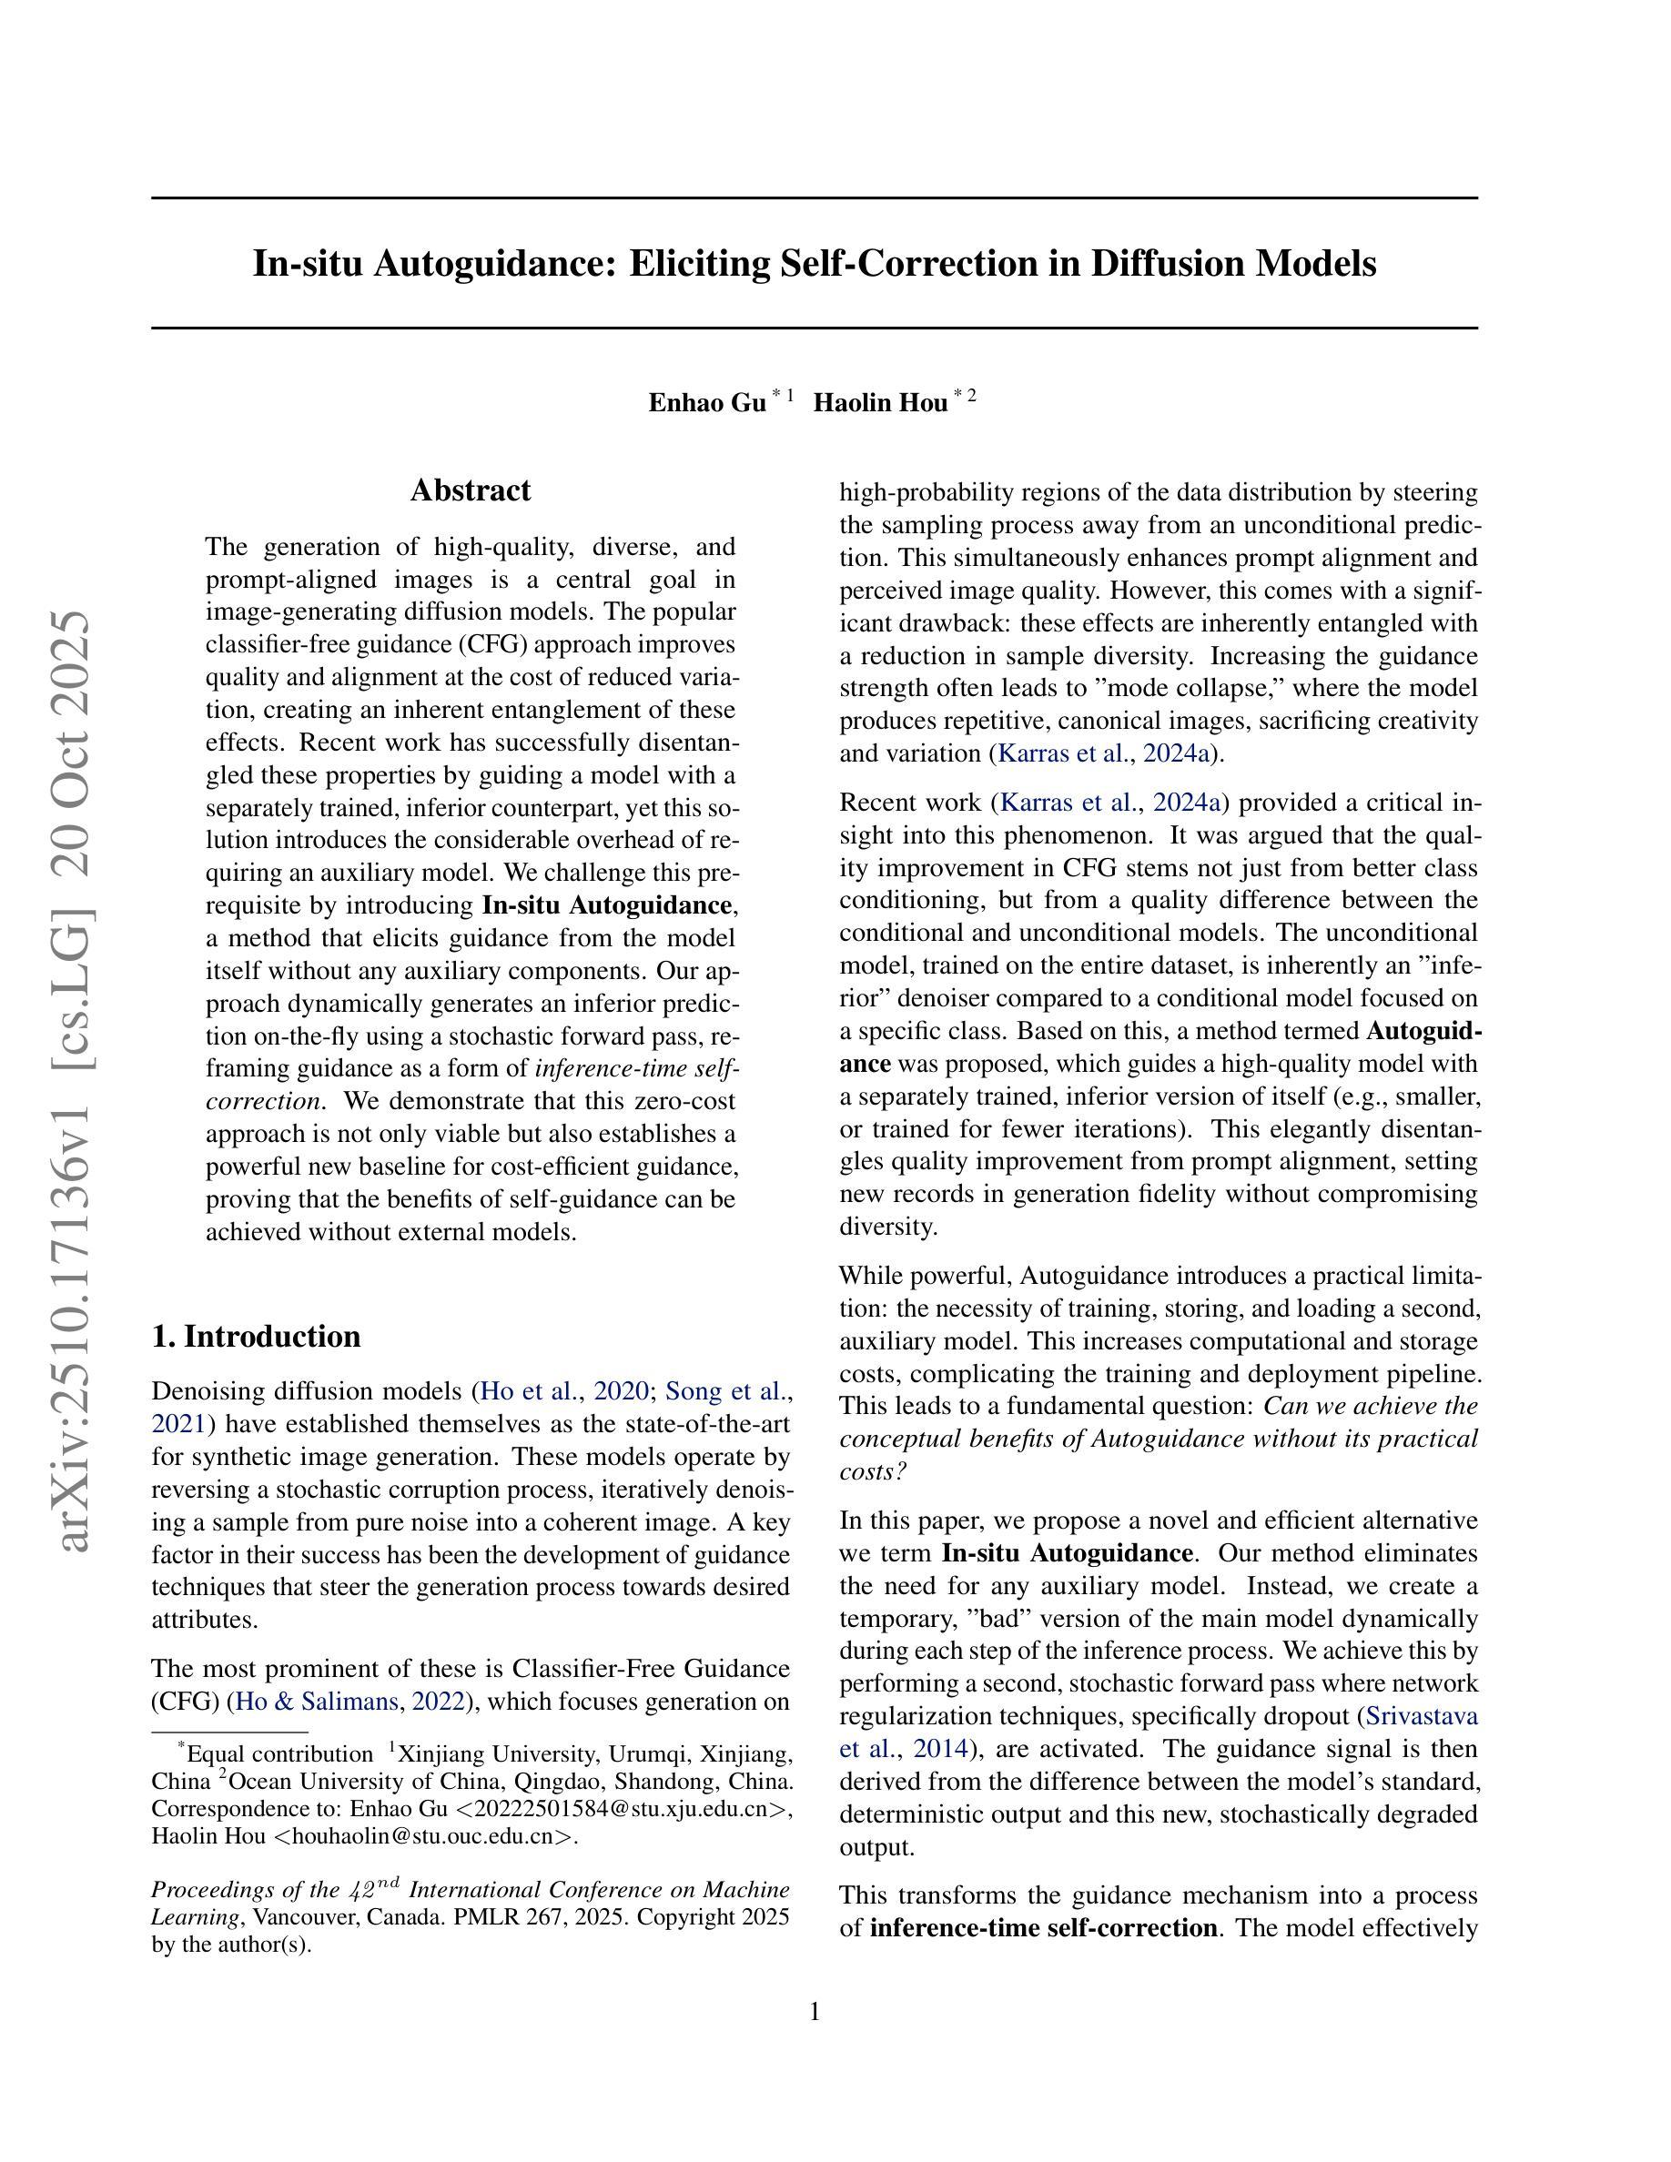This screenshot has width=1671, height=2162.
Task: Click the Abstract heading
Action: [x=471, y=491]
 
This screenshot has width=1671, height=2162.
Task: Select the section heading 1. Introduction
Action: [x=257, y=1337]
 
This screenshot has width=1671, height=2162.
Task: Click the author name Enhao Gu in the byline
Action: [x=707, y=403]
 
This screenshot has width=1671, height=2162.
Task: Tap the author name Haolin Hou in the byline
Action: [x=880, y=403]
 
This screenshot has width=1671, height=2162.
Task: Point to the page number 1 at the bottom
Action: [x=815, y=2012]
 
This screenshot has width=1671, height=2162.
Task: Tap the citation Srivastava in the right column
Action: [x=1422, y=1715]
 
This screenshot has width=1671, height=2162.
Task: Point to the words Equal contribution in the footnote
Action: [x=280, y=1754]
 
